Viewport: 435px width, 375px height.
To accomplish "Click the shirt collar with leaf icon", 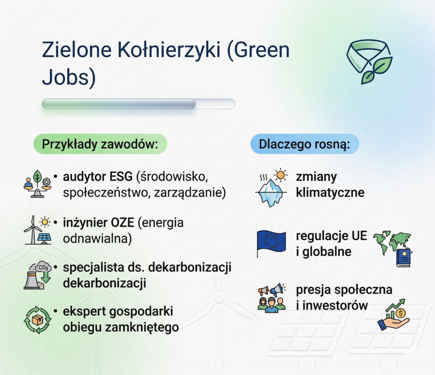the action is coord(369,62).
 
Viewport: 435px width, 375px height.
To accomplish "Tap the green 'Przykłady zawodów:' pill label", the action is coord(100,144).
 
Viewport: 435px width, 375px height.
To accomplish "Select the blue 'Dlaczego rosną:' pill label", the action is coord(304,144).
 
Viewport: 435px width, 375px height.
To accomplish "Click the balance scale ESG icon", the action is coord(37,184).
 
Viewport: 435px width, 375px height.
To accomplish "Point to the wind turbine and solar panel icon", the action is coord(38,230).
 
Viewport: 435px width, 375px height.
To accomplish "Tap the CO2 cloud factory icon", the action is coord(38,275).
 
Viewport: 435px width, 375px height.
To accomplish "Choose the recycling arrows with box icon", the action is coord(38,320).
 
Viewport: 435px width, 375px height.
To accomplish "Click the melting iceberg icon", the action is coord(271,188).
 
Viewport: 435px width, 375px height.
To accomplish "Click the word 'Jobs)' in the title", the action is coord(69,77).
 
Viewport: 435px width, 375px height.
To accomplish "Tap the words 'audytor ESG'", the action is coord(98,177).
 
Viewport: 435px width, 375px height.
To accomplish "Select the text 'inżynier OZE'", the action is coord(99,223).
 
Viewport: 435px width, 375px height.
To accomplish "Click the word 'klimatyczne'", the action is coord(330,192).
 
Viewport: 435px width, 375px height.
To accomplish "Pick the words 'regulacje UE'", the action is coord(331,236).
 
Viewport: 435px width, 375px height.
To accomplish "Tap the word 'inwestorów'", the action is coord(335,305).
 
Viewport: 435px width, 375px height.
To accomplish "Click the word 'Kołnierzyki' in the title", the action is coord(169,50).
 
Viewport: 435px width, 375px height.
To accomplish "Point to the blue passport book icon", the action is coord(404,258).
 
